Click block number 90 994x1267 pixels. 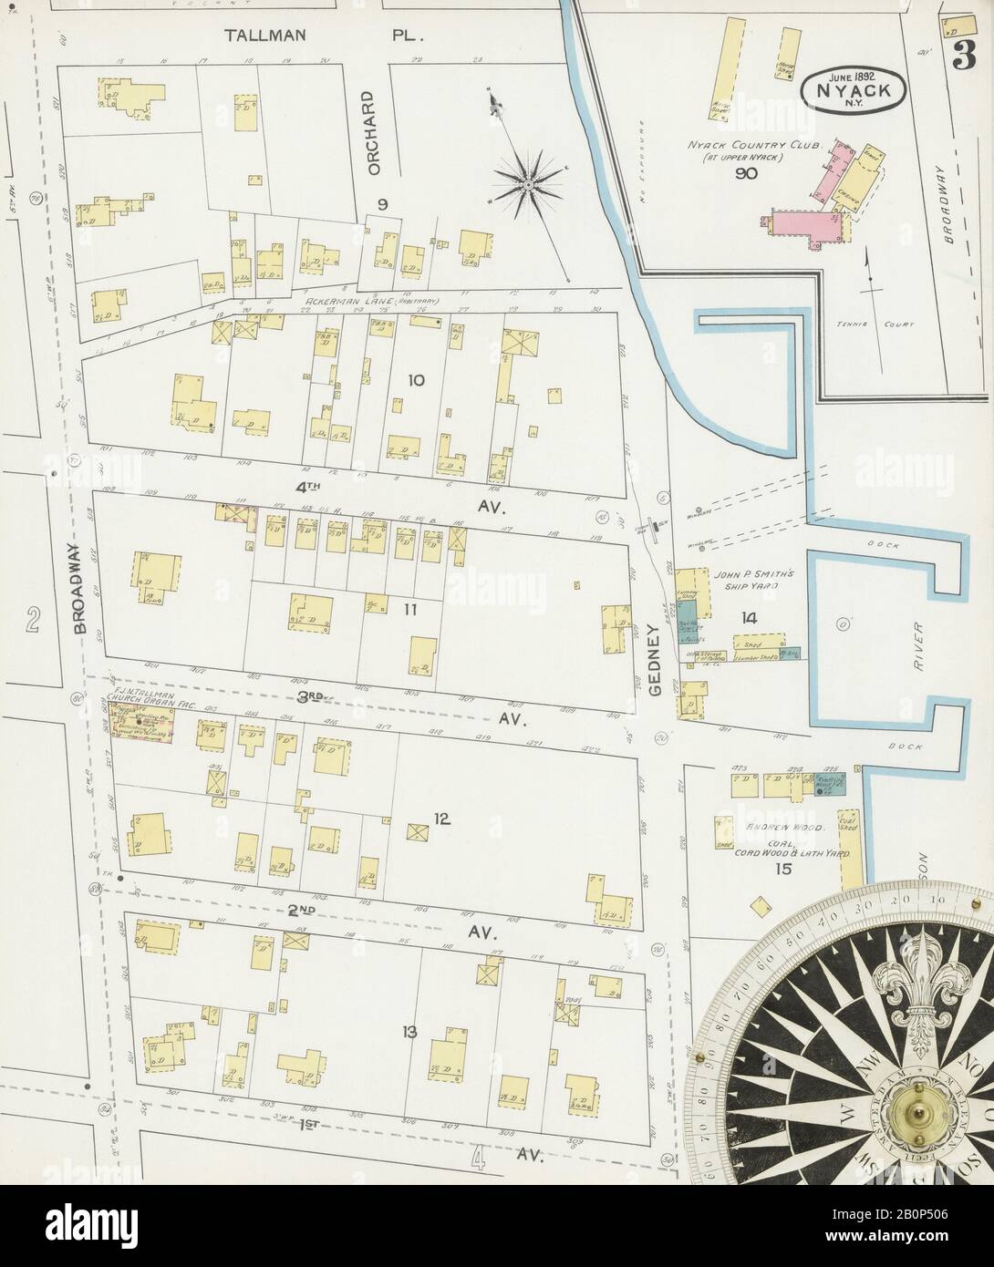(745, 173)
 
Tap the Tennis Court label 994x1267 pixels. (867, 324)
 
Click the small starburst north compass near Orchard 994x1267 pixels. (527, 185)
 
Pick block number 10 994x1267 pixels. (416, 380)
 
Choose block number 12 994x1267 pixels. (442, 819)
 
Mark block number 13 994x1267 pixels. (409, 1032)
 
